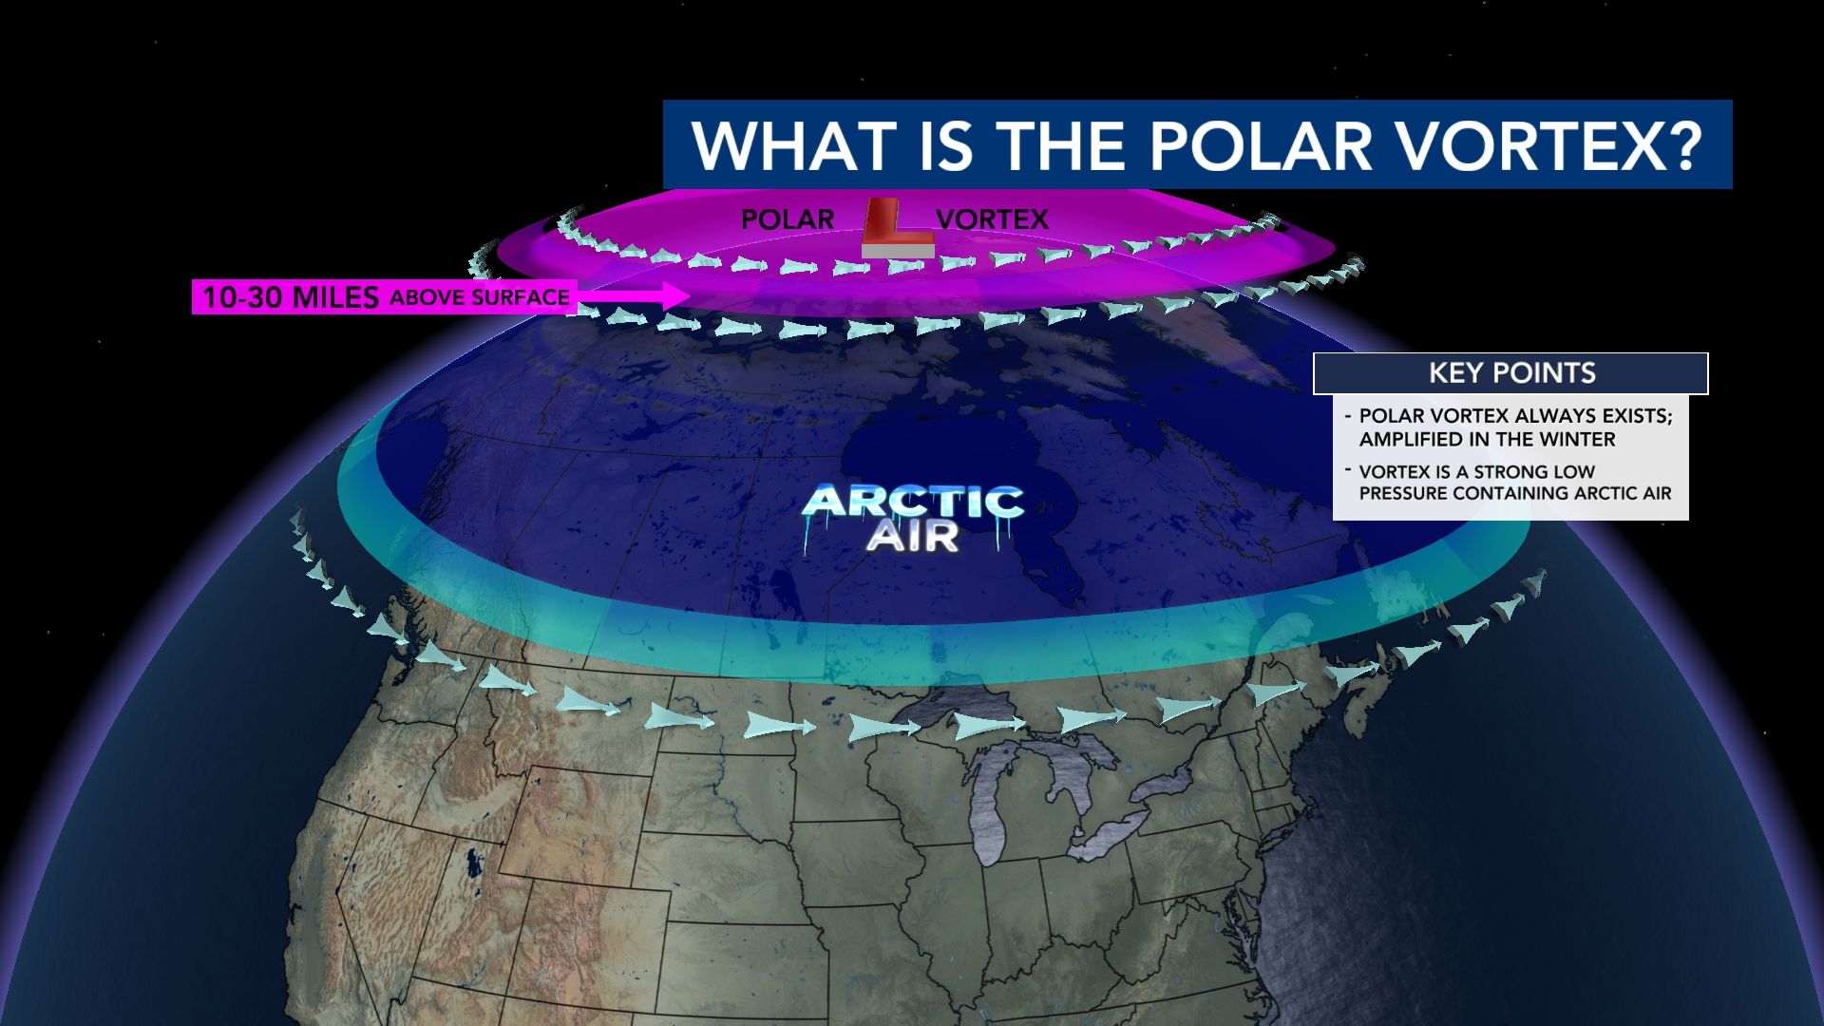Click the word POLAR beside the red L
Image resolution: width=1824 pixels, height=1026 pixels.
(787, 219)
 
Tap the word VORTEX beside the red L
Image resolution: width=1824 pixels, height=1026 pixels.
(992, 219)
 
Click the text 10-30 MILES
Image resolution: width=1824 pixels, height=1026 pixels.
(291, 297)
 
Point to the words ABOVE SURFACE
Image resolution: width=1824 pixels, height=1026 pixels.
(480, 297)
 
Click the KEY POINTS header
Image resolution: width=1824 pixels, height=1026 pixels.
(1511, 373)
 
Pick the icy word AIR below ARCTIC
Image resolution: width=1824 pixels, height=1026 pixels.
(912, 538)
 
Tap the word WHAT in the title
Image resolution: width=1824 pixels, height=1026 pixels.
(794, 145)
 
